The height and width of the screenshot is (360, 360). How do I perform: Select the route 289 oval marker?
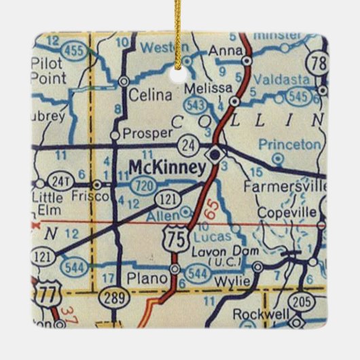point(109,298)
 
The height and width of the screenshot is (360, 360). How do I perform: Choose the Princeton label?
point(289,145)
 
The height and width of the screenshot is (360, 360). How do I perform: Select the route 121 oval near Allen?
point(167,198)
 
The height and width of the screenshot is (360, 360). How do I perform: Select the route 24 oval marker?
point(187,145)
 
